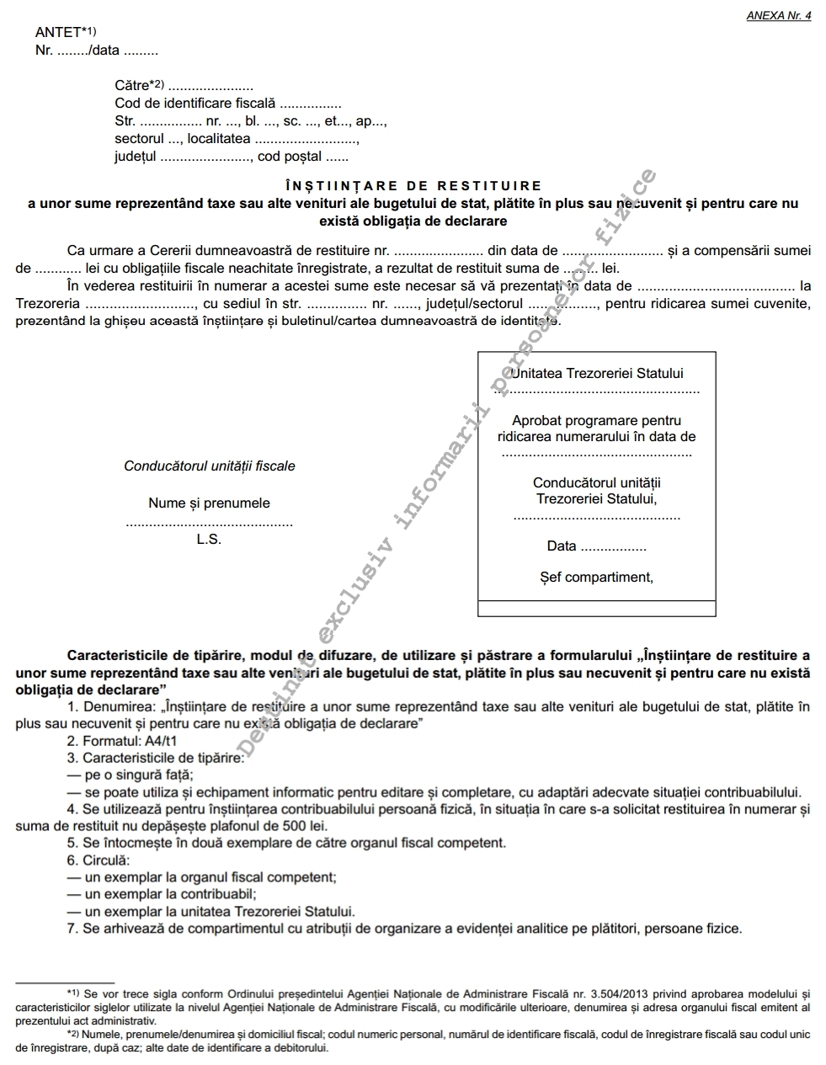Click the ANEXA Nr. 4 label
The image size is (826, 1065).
[x=778, y=16]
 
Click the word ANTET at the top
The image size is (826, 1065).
[x=58, y=33]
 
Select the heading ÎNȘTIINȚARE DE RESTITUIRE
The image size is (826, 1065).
[x=413, y=186]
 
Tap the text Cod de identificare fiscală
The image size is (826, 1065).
[x=195, y=104]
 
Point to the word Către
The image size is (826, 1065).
[x=131, y=85]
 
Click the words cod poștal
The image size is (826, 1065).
[x=290, y=157]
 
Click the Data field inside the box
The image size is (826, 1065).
[x=562, y=546]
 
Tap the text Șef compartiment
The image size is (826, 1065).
[x=596, y=578]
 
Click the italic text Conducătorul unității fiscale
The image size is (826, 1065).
[x=210, y=466]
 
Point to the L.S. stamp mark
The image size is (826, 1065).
[x=209, y=540]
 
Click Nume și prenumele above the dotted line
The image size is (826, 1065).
[x=209, y=503]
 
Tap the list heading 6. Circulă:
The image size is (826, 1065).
[x=99, y=860]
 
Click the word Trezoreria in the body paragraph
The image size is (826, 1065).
[x=48, y=304]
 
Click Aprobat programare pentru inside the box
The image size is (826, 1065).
[x=596, y=421]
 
